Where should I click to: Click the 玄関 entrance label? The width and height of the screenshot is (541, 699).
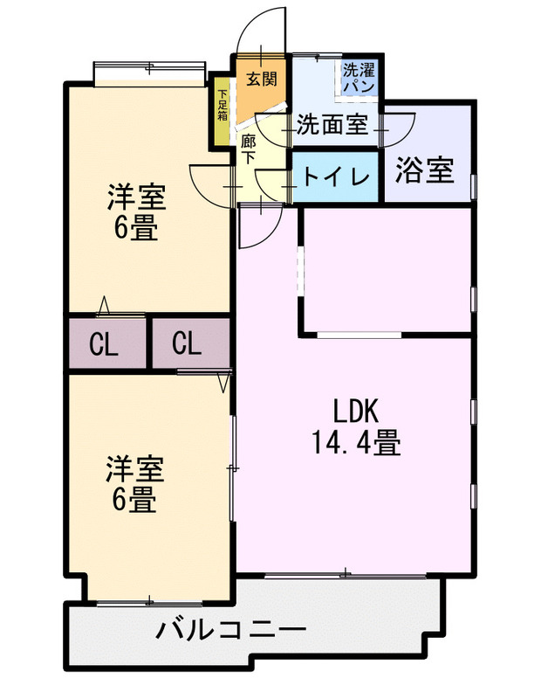[261, 79]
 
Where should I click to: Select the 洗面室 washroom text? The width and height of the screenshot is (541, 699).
[332, 124]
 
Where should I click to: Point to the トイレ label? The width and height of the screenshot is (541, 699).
[336, 176]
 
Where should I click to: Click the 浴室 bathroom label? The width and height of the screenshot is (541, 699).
[425, 170]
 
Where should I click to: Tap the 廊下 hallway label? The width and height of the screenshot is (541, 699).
[248, 148]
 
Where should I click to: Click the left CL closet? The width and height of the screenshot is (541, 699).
[105, 345]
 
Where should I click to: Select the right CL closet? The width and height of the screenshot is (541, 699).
[186, 344]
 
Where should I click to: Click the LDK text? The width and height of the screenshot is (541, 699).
[356, 411]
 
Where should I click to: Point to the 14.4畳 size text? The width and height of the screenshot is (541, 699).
[356, 445]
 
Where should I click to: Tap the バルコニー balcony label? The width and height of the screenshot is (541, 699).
[231, 630]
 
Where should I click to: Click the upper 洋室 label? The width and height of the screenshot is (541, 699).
[135, 197]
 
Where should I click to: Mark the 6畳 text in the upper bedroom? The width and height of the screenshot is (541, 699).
[134, 228]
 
